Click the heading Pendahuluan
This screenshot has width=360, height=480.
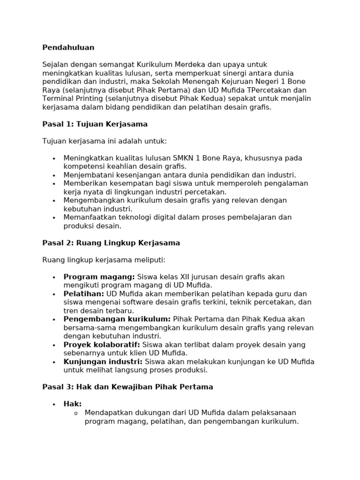(x=68, y=47)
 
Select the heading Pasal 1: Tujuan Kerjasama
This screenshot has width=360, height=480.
(x=95, y=124)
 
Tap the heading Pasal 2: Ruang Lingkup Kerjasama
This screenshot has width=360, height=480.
(x=111, y=243)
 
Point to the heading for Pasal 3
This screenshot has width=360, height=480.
(x=127, y=387)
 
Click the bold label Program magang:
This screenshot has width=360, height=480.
(x=99, y=277)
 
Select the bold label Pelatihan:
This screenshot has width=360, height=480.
(x=84, y=293)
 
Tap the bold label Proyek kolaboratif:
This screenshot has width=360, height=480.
(x=102, y=345)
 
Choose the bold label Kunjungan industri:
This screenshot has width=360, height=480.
(x=103, y=361)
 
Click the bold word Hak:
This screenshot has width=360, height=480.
(x=73, y=404)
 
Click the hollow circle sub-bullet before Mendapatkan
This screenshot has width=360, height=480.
(x=75, y=413)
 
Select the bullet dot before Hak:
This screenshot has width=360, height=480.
(x=54, y=404)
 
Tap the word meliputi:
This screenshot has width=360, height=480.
(x=150, y=260)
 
